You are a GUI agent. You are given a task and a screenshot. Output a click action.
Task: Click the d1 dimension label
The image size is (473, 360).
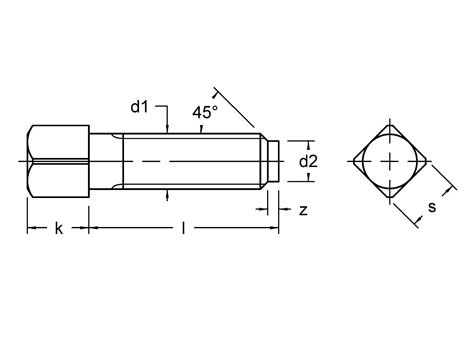pos(139,107)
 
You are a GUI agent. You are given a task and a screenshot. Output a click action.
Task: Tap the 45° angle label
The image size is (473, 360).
pos(205,112)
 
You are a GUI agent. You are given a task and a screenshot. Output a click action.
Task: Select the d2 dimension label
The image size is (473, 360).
pos(308,162)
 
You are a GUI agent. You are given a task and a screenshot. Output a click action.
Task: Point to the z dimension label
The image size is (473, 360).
pos(303,211)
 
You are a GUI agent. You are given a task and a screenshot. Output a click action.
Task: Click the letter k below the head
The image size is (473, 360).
pos(59,228)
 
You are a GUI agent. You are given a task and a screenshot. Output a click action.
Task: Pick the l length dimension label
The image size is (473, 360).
pos(183,228)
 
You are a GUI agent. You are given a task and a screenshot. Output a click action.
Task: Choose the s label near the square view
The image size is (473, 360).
pos(432,207)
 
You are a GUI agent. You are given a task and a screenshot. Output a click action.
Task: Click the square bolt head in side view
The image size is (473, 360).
pos(58,161)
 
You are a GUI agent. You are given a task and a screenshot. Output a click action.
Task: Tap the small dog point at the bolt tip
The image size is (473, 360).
pos(274,162)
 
